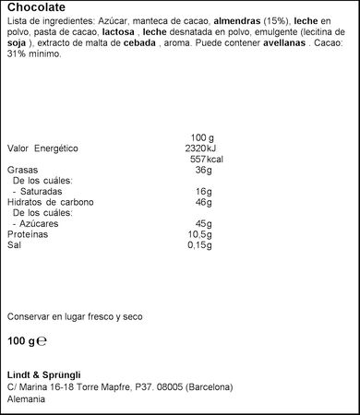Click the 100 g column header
(201, 137)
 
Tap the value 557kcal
(204, 160)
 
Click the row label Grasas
(23, 171)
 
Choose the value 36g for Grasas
(204, 171)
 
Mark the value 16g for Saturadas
(204, 192)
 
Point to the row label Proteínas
(28, 235)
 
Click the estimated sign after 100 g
(42, 340)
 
